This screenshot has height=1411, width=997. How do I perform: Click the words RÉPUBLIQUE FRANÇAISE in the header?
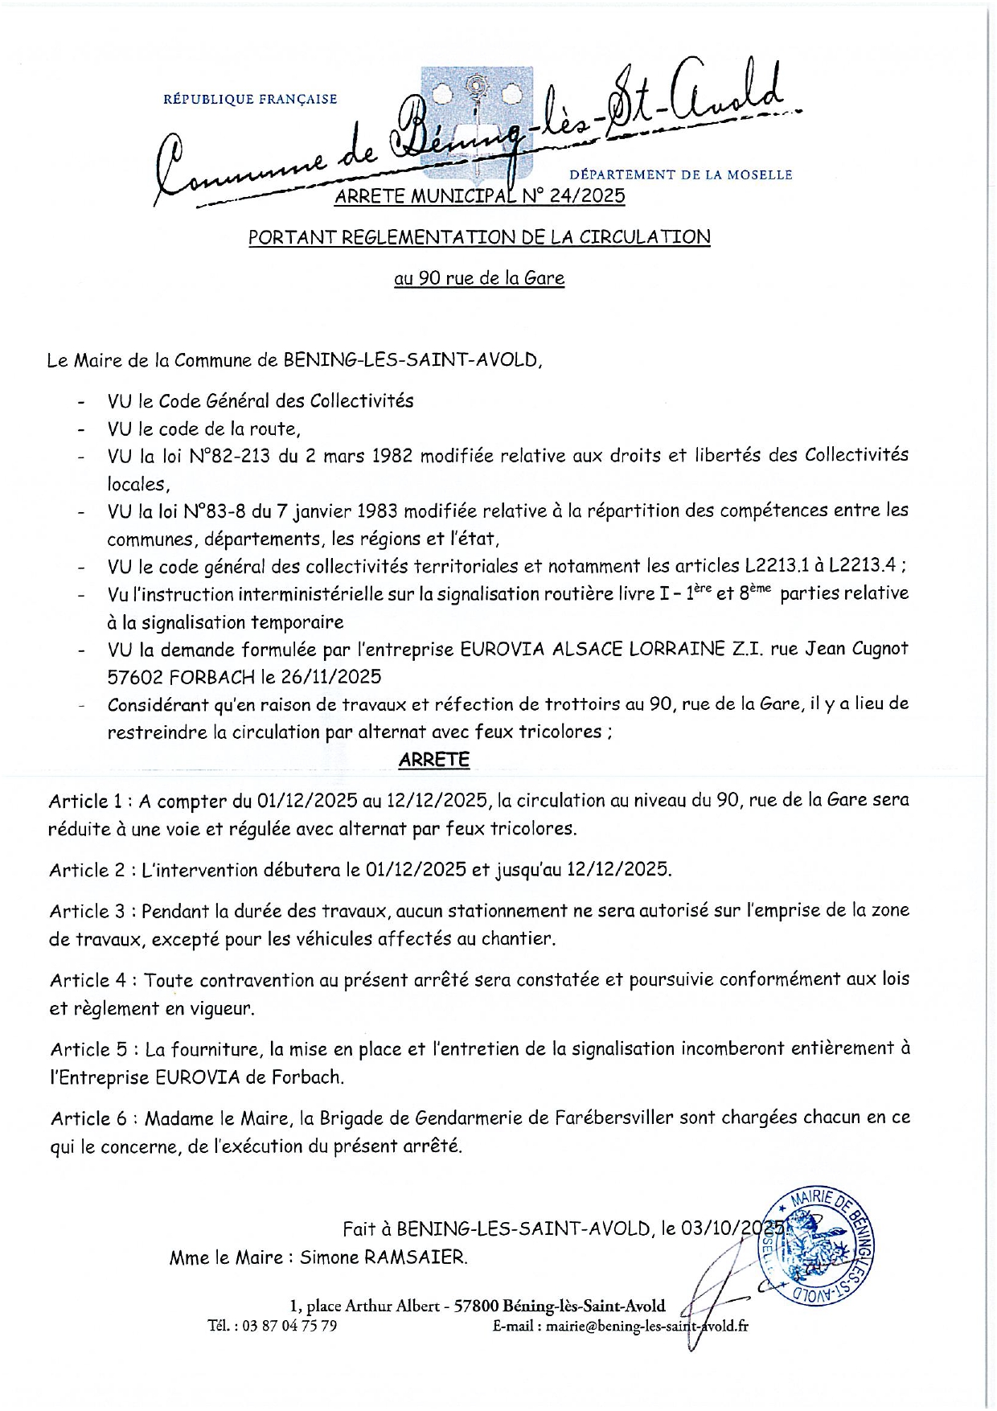point(250,100)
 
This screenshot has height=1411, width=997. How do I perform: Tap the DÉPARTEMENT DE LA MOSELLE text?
point(680,174)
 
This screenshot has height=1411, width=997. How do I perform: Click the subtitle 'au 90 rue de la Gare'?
point(479,278)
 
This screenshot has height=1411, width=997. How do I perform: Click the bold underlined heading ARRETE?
point(434,760)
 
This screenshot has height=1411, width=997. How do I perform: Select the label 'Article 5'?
point(89,1049)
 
